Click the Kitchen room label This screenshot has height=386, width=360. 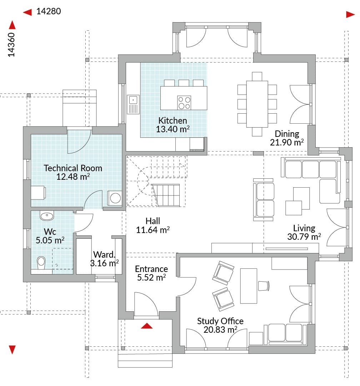click(172, 120)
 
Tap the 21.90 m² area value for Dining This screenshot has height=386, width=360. click(287, 142)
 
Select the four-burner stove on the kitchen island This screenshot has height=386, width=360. click(184, 103)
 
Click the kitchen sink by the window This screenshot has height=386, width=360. click(133, 104)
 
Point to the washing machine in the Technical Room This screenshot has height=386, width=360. click(115, 198)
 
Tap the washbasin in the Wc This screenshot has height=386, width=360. click(47, 216)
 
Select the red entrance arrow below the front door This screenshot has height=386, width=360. click(147, 326)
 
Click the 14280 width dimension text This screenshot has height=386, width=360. click(49, 11)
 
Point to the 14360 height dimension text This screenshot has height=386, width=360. click(11, 45)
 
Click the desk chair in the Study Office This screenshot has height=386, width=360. click(264, 286)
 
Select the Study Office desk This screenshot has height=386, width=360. click(249, 286)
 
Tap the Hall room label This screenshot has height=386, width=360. click(152, 221)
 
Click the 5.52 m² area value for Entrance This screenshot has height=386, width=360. click(151, 277)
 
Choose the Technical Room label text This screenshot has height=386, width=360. click(73, 168)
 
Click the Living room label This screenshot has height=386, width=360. click(304, 228)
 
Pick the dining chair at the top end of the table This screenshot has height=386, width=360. click(257, 76)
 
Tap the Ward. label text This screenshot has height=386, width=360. click(104, 254)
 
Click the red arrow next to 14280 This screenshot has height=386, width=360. click(27, 12)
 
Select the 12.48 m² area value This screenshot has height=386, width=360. click(73, 177)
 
